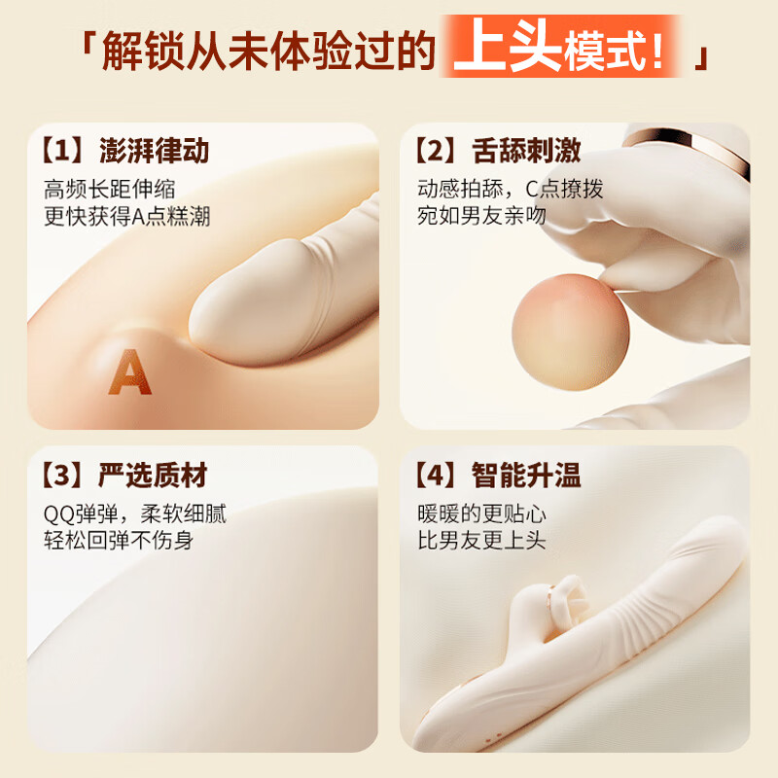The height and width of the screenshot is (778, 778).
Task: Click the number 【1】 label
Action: coord(61,152)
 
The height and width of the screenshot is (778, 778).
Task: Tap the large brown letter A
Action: coord(129,373)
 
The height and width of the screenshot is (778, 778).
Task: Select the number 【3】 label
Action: coord(61,476)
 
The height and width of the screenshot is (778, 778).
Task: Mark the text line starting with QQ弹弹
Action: coord(134,513)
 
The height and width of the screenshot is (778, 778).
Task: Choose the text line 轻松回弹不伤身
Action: coord(118,540)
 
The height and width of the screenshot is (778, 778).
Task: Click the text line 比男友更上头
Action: coord(481,540)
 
